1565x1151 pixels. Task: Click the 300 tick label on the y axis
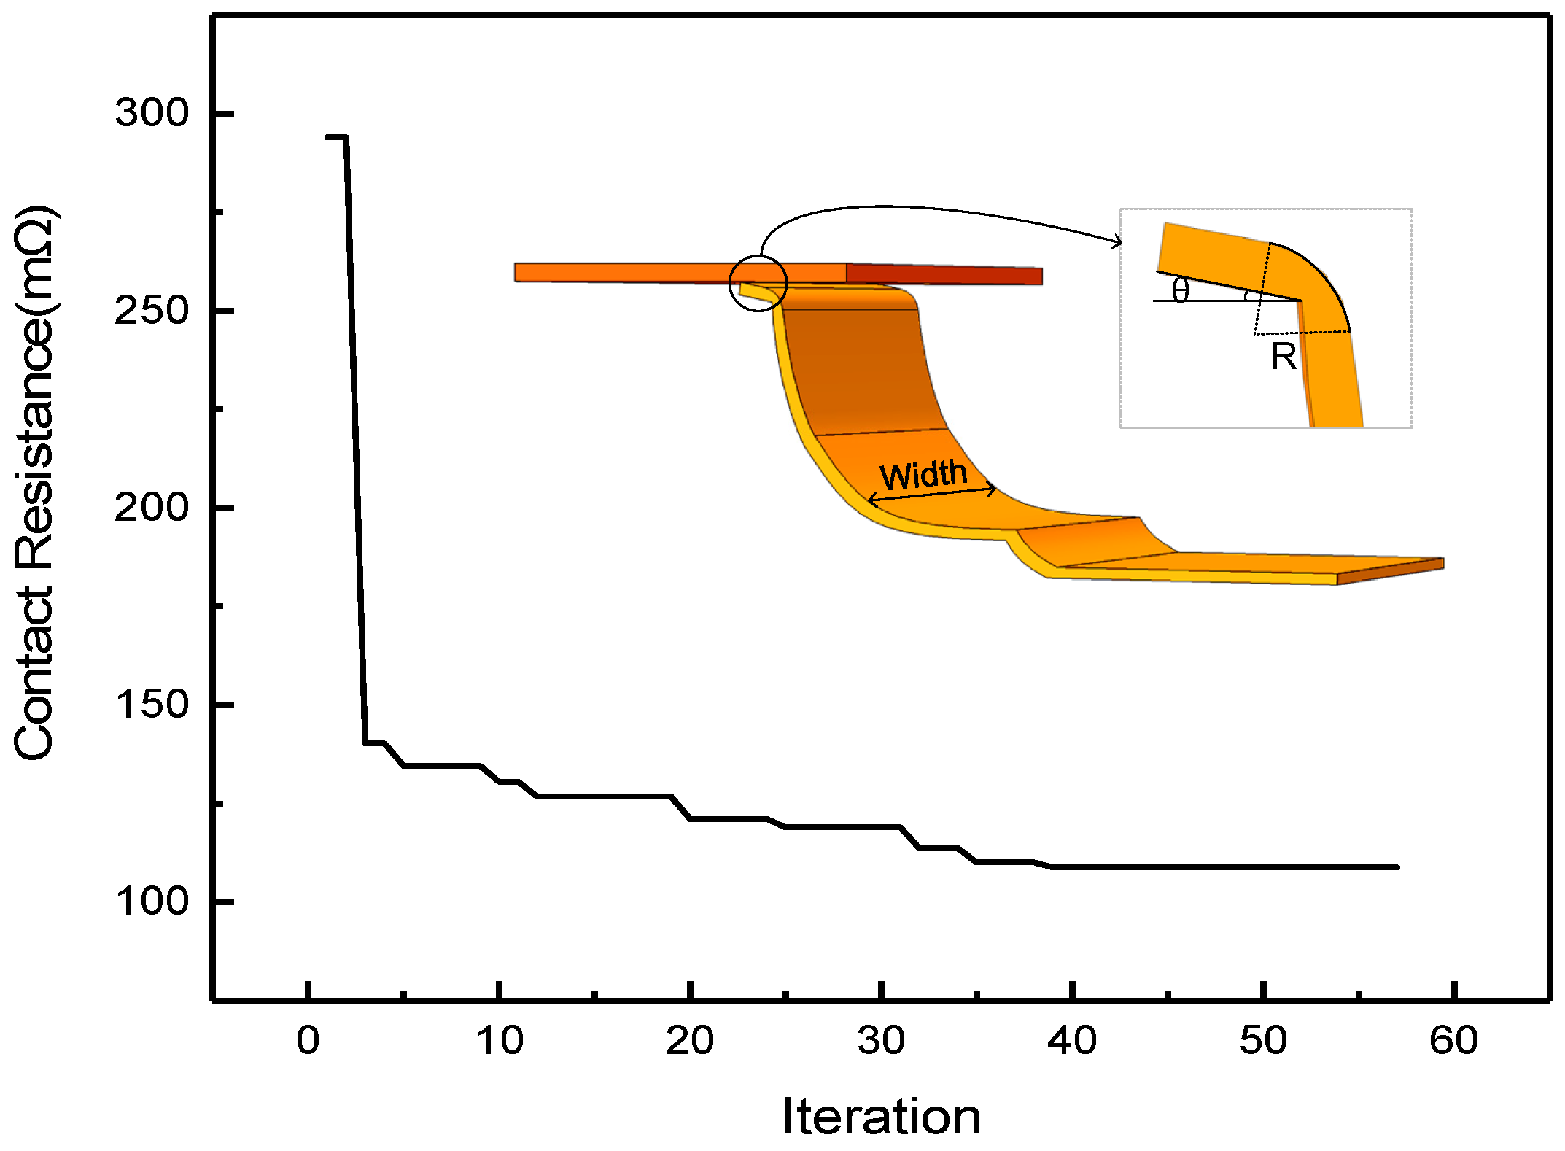point(152,113)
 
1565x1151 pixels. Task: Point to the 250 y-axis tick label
point(152,311)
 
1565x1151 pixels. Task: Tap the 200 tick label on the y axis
point(152,508)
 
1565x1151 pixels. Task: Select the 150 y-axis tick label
point(152,705)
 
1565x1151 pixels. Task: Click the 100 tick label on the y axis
point(152,902)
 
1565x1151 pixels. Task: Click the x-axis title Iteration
point(882,1117)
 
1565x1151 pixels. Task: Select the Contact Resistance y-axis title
point(35,483)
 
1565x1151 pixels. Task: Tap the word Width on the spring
point(923,476)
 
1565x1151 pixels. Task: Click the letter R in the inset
point(1284,357)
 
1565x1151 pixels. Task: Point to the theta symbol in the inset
point(1180,290)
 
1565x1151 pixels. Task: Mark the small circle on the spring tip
point(758,283)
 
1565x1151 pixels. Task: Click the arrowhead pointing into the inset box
point(1118,242)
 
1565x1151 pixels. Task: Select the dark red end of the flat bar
point(944,275)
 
